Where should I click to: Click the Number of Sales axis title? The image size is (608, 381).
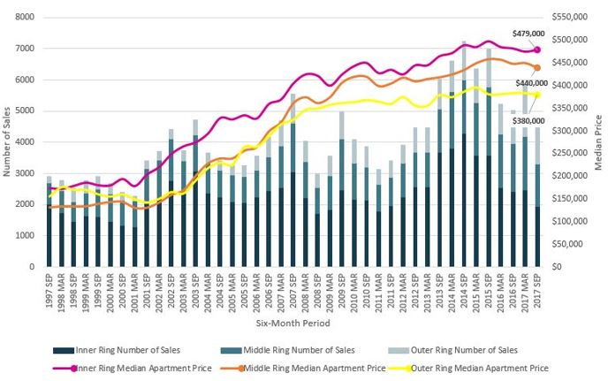click(x=9, y=141)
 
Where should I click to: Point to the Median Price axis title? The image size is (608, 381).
click(x=599, y=141)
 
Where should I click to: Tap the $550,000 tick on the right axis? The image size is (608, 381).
click(x=569, y=18)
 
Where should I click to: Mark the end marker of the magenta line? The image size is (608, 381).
click(x=537, y=50)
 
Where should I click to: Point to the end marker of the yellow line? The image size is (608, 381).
click(x=537, y=95)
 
